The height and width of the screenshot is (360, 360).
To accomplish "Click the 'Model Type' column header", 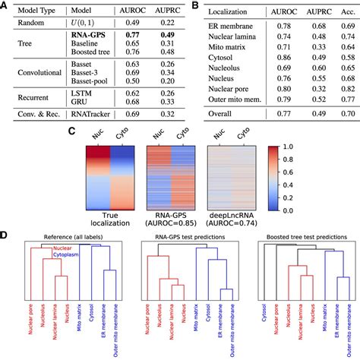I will tap(30, 11).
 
